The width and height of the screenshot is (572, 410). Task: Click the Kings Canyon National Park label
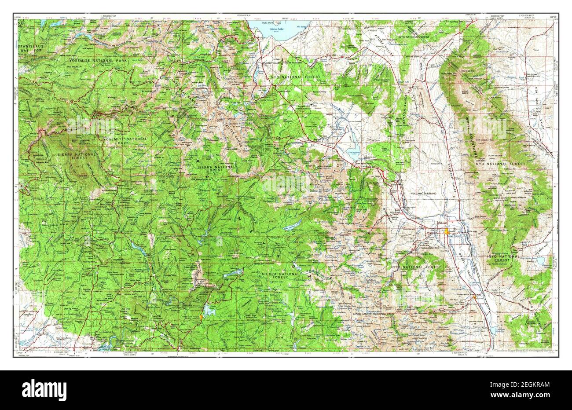tap(373, 314)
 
